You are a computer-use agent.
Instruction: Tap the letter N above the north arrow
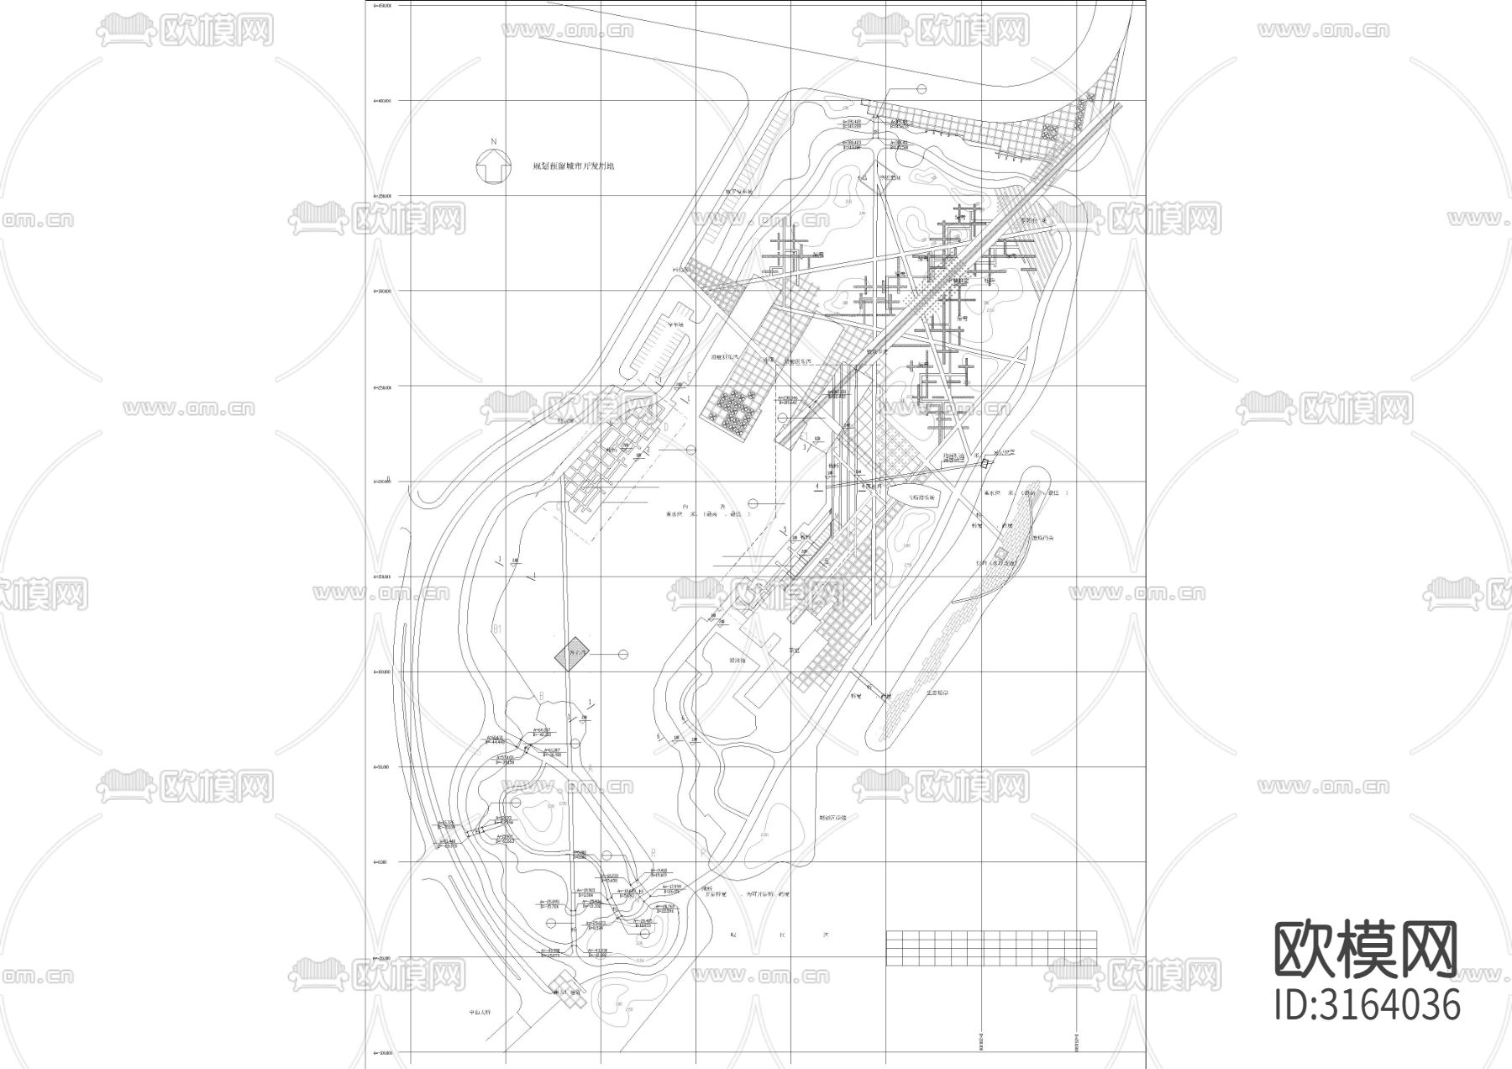click(x=494, y=142)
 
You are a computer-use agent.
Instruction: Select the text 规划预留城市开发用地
click(x=575, y=166)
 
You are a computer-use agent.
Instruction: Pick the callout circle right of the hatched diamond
click(x=623, y=654)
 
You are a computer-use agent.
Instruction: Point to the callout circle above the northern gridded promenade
click(x=921, y=88)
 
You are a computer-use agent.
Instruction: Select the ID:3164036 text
click(x=1367, y=1004)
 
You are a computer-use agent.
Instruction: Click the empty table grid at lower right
click(x=991, y=948)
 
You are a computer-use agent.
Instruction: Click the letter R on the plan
click(x=653, y=851)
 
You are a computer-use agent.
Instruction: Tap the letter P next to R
click(x=702, y=852)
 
